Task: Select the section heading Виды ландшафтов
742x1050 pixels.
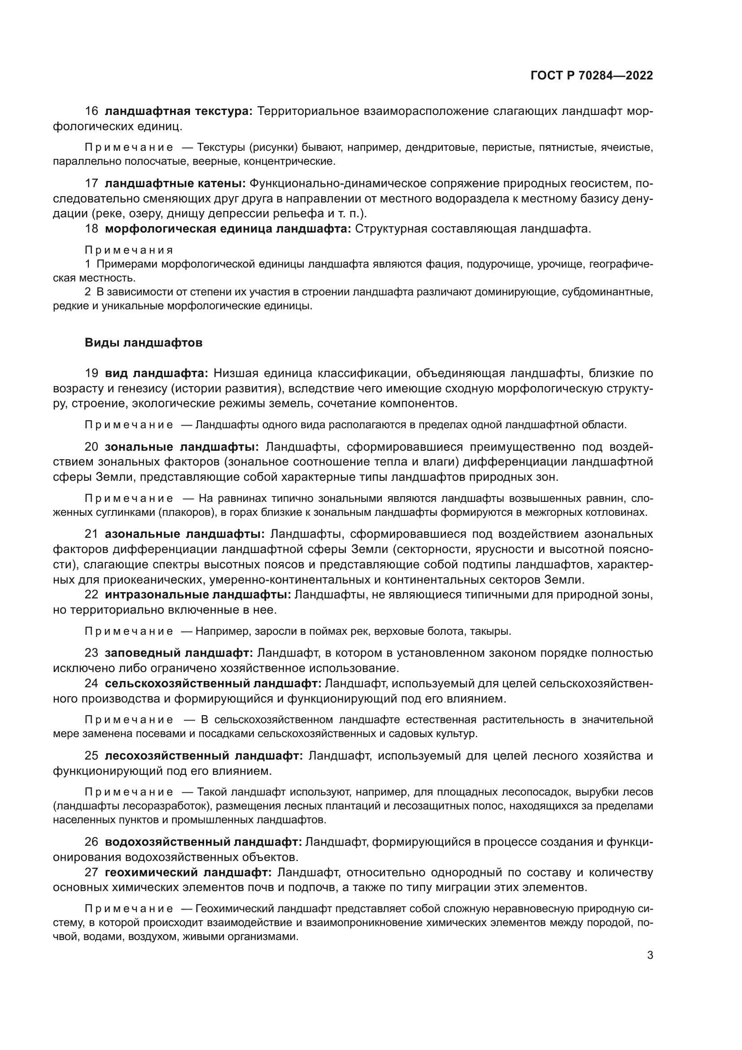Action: click(144, 343)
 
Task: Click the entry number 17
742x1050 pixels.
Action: click(92, 184)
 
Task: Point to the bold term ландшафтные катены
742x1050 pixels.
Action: click(175, 184)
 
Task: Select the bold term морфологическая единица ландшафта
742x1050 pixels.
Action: click(227, 228)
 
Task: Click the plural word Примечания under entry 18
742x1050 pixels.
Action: click(129, 250)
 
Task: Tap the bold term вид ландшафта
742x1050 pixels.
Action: click(156, 373)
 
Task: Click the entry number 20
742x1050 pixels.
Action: click(92, 447)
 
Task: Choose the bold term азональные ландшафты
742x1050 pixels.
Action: click(184, 534)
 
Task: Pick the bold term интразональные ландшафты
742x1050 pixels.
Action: click(198, 595)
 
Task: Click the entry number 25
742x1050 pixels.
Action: click(92, 756)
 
